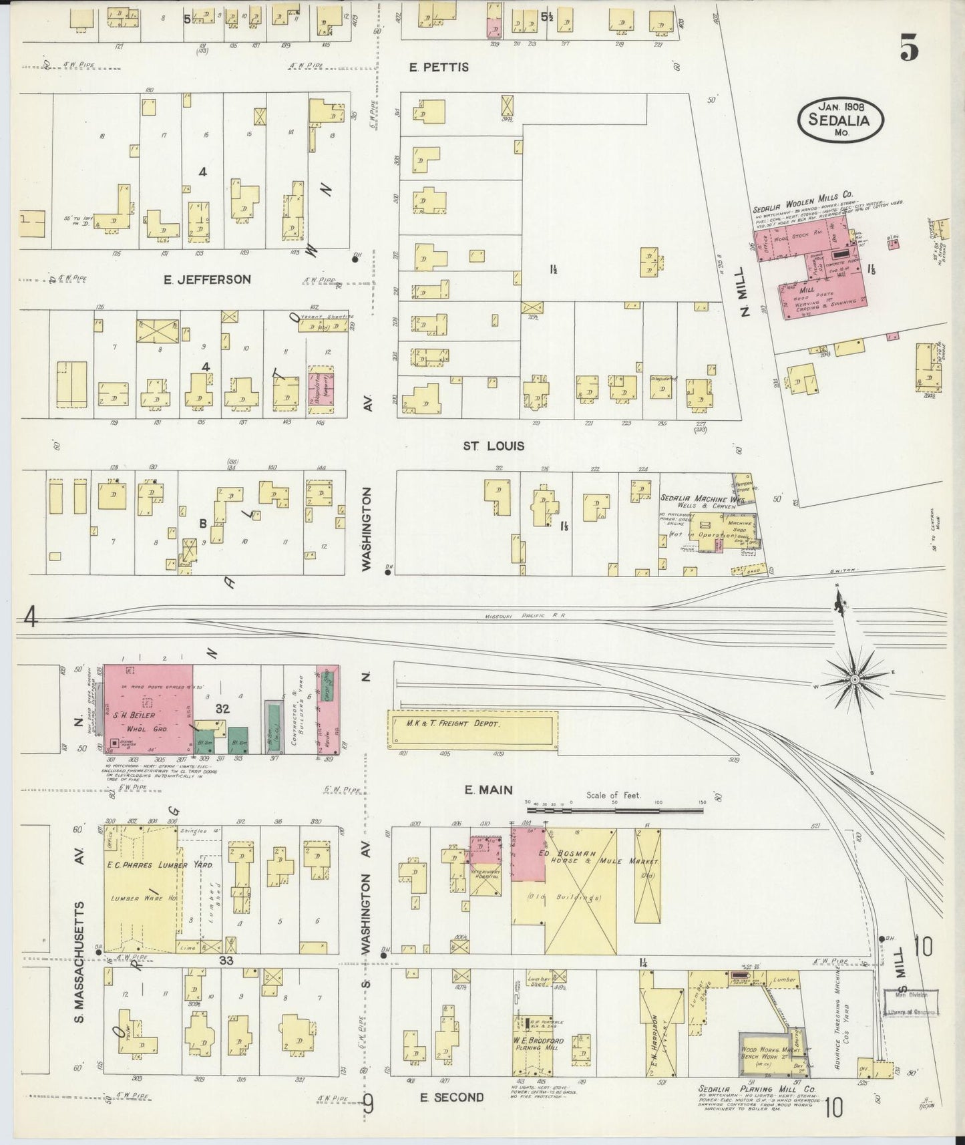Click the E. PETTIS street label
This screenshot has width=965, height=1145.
[x=439, y=67]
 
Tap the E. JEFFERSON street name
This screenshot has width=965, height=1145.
[x=207, y=279]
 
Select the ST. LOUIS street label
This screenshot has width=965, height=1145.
[x=494, y=446]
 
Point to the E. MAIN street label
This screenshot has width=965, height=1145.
[x=488, y=790]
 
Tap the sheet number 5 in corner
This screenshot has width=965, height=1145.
[x=910, y=47]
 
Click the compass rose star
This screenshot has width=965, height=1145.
[x=853, y=679]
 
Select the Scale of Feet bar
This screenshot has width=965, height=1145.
[x=614, y=810]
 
